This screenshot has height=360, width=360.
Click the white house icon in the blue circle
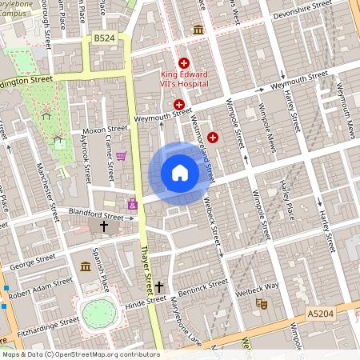click(x=179, y=173)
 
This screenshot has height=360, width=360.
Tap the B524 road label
click(x=103, y=38)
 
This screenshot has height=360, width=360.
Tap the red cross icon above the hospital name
click(x=183, y=62)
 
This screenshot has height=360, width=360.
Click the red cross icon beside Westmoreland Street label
click(x=213, y=138)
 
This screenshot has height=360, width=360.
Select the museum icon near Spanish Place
click(x=85, y=266)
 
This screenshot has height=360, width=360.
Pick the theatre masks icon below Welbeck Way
click(x=260, y=303)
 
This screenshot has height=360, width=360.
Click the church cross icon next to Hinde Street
click(x=158, y=286)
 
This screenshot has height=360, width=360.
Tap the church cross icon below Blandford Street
click(x=103, y=227)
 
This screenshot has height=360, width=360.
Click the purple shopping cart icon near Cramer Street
click(x=121, y=156)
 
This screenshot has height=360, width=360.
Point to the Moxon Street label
click(x=105, y=129)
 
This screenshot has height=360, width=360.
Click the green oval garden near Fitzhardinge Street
click(x=98, y=313)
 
